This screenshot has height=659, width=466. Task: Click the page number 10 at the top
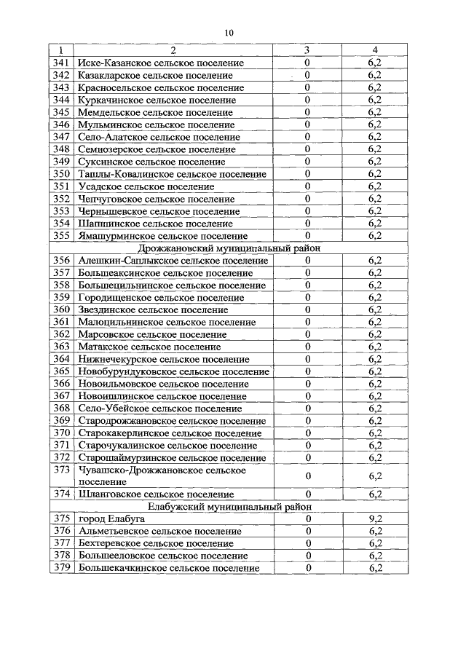coord(229,32)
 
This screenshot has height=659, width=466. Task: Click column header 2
coord(173,50)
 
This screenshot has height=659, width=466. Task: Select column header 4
coord(375,50)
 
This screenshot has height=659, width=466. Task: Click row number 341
coord(62,63)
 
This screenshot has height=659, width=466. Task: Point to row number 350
coord(62,174)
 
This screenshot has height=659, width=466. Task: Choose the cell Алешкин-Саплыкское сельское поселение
coord(173,261)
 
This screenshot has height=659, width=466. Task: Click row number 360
coord(62,310)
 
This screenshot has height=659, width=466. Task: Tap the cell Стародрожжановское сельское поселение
coord(171,421)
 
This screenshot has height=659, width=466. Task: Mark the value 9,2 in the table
coord(375,518)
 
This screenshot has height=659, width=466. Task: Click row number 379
coord(62,568)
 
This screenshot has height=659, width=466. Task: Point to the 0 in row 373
coord(308,476)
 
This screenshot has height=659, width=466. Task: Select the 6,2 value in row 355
coord(375,236)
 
